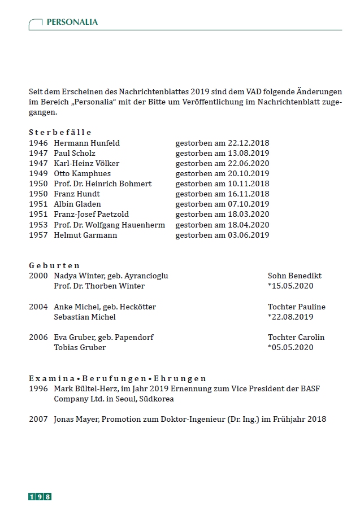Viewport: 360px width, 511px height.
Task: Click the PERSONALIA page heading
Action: click(x=72, y=22)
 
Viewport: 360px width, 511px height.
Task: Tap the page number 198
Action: click(x=40, y=496)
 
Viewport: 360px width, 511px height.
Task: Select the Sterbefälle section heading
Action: click(x=60, y=132)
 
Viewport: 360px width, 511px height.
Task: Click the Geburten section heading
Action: click(x=54, y=265)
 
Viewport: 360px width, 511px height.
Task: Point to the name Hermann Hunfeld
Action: click(x=86, y=143)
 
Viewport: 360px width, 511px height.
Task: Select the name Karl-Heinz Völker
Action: click(x=86, y=163)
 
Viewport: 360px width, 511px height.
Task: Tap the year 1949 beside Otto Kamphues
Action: click(x=38, y=173)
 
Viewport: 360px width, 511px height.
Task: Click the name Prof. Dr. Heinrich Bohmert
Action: click(x=102, y=184)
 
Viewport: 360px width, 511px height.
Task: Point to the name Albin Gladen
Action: click(x=78, y=204)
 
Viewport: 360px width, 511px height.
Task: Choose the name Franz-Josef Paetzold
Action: click(x=91, y=214)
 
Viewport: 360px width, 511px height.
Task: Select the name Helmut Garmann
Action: click(x=85, y=235)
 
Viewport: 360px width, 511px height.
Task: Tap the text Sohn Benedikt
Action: click(x=294, y=276)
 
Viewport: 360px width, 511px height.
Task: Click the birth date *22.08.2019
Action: click(x=290, y=317)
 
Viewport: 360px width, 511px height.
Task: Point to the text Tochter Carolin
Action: click(x=296, y=337)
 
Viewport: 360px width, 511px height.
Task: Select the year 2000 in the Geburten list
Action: click(x=38, y=276)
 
